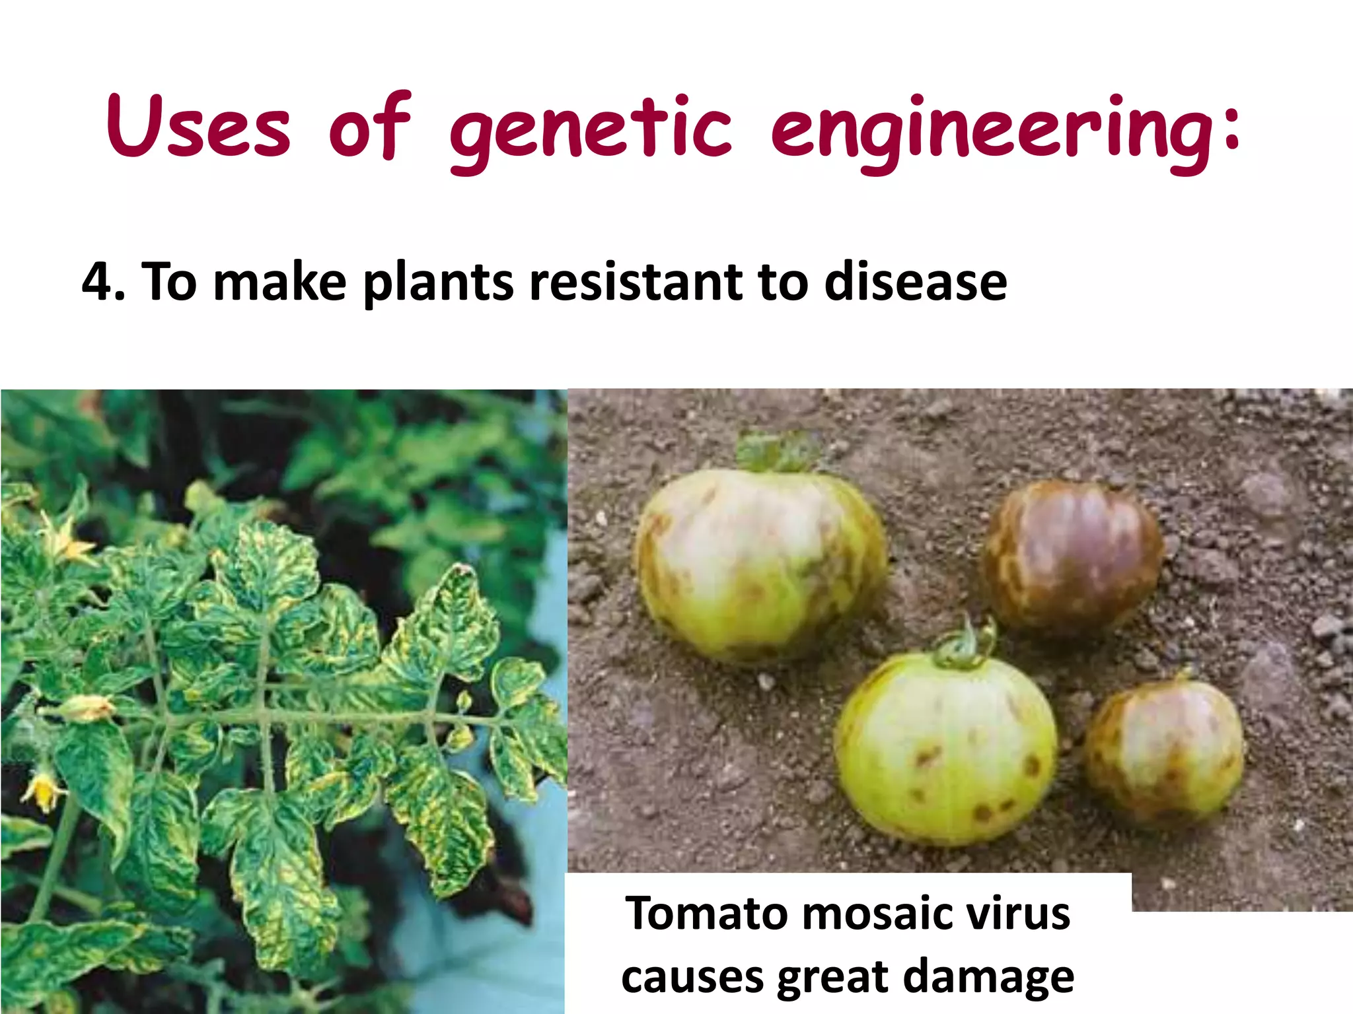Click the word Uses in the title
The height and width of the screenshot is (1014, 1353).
198,127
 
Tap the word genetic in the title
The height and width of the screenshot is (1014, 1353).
591,132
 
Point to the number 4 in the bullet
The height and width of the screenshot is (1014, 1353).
98,283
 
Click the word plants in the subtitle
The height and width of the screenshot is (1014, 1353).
438,283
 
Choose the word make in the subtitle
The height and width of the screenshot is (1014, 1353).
280,283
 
